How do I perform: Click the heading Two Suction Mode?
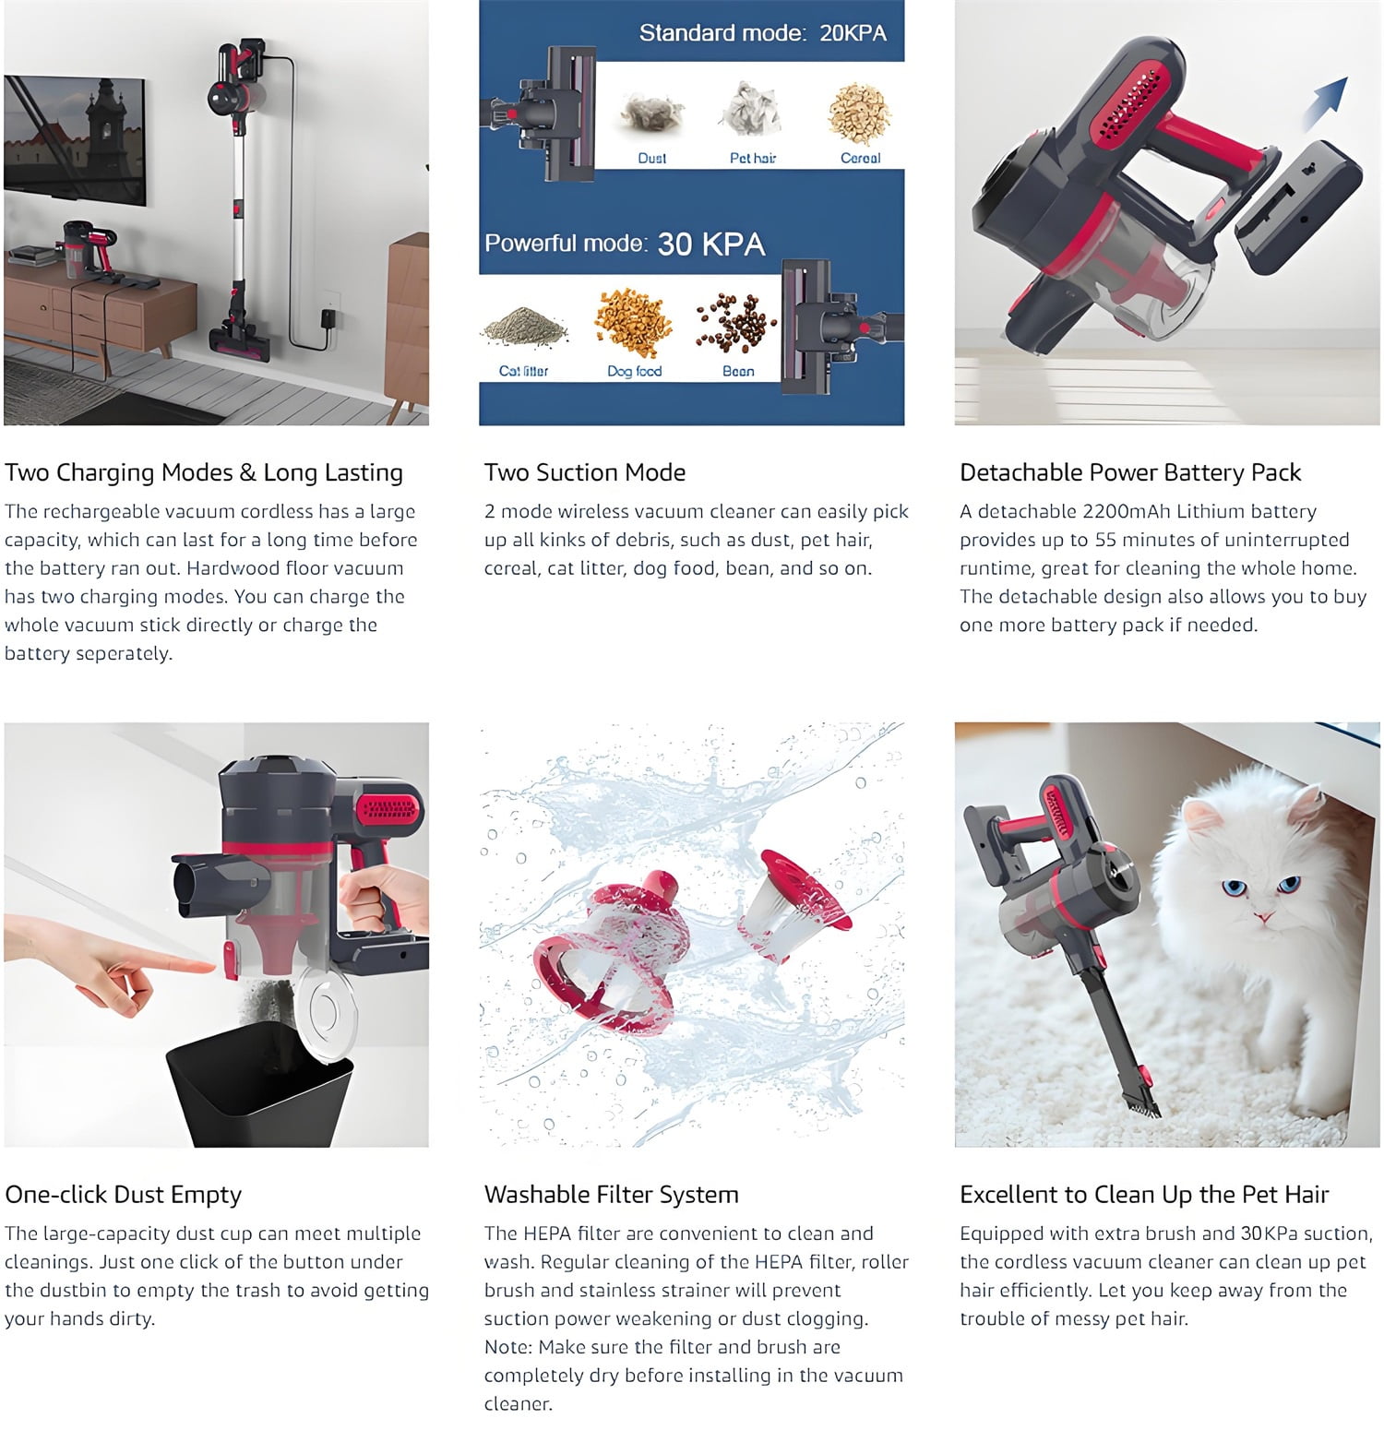[585, 472]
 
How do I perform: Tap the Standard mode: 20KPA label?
[762, 33]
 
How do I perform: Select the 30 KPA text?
[710, 244]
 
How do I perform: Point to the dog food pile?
[634, 323]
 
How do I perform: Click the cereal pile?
[860, 113]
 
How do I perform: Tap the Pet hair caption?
[753, 158]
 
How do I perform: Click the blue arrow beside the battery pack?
[1325, 103]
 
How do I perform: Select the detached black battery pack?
[1298, 207]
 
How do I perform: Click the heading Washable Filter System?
[611, 1195]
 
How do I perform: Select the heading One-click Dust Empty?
[123, 1195]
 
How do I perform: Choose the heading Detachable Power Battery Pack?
[1130, 472]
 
